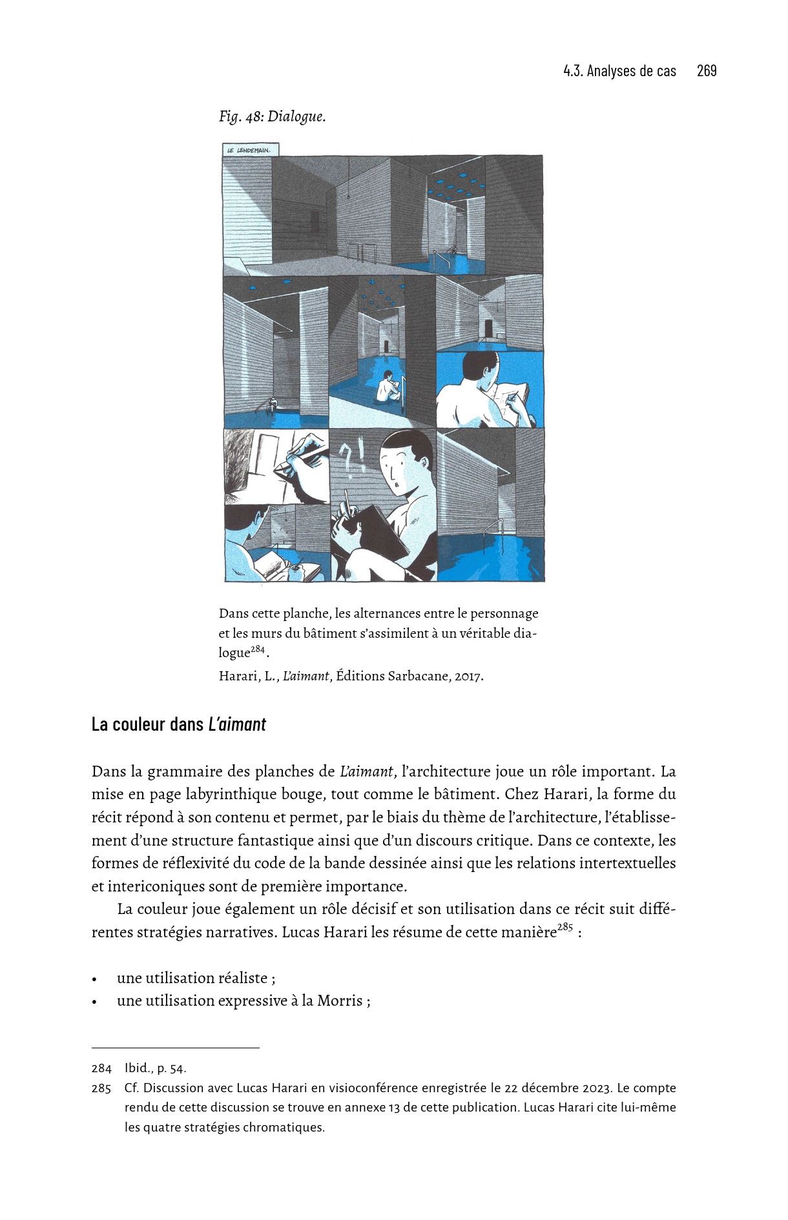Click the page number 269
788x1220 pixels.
click(x=707, y=71)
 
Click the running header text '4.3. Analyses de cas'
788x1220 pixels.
click(x=619, y=71)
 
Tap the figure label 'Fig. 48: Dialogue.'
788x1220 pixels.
click(x=273, y=117)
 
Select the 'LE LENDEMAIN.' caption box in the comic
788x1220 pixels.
click(x=250, y=150)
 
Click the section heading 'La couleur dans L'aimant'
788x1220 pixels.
click(x=179, y=724)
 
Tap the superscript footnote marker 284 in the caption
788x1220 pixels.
click(x=258, y=649)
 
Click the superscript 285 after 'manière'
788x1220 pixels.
click(x=565, y=928)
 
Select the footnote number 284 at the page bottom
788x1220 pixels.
click(x=101, y=1068)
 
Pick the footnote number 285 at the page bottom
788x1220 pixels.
click(x=101, y=1088)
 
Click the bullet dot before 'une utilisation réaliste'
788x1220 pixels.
click(x=95, y=979)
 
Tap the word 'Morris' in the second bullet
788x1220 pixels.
click(x=340, y=1001)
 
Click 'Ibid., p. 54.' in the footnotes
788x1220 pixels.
click(x=156, y=1068)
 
